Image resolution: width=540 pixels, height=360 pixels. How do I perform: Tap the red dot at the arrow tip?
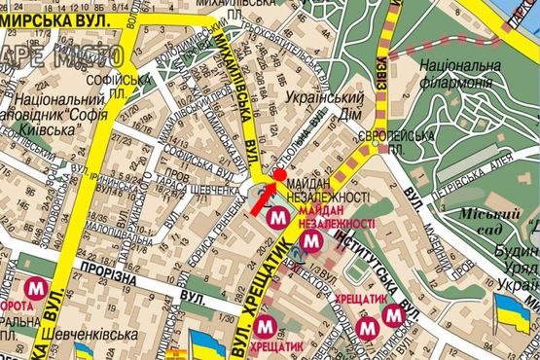point(279,175)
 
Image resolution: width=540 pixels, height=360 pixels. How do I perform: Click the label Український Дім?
point(320,105)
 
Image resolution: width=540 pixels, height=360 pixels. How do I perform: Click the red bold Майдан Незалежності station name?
point(337,217)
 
